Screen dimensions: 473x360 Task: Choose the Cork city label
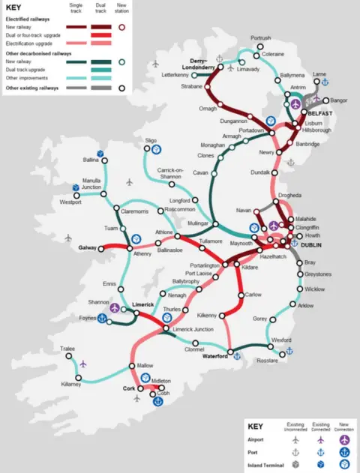pyautogui.click(x=128, y=389)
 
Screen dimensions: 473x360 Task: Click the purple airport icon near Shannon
pyautogui.click(x=115, y=307)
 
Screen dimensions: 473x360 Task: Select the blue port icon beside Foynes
pyautogui.click(x=102, y=318)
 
